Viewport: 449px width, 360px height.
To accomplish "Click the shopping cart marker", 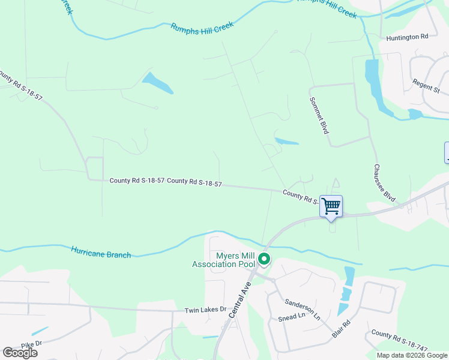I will [331, 207].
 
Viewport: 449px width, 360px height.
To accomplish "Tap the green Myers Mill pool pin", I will [264, 260].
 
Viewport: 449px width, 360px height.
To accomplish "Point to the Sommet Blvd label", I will [319, 115].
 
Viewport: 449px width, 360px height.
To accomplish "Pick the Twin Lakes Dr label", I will [205, 310].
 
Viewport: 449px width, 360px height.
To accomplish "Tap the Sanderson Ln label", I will [303, 310].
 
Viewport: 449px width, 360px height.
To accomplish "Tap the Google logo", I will [20, 353].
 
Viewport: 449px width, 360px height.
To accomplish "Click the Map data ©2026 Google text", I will [412, 355].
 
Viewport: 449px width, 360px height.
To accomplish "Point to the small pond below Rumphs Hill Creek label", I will [157, 83].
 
